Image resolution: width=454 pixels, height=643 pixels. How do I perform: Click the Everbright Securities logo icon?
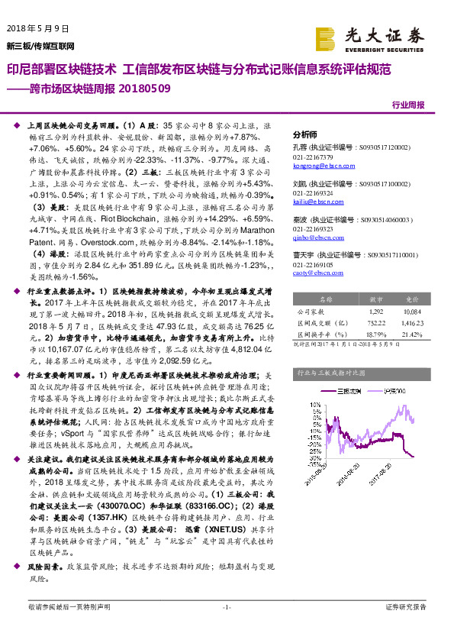click(326, 37)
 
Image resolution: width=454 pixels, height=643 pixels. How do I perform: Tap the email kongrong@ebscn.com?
click(319, 164)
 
